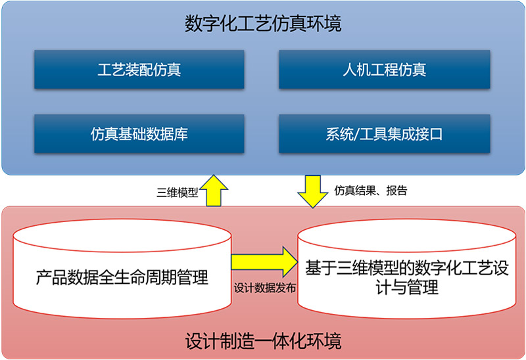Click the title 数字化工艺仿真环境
click(264, 24)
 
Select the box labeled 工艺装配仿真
click(139, 70)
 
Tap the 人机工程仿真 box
click(385, 70)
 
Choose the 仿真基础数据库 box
click(139, 134)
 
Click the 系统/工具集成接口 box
click(385, 134)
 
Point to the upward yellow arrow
click(214, 191)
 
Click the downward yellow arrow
click(313, 191)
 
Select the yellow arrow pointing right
click(264, 261)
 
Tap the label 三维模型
click(177, 192)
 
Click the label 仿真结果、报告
click(371, 191)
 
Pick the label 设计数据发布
click(265, 288)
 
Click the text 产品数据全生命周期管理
click(122, 277)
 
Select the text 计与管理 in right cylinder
click(407, 287)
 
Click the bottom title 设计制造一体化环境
click(264, 341)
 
